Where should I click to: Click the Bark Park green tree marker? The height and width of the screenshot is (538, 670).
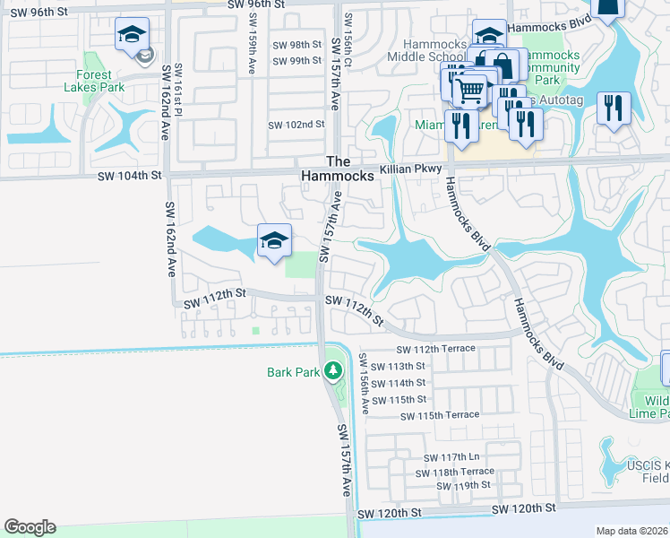333,369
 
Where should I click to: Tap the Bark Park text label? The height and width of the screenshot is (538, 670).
293,371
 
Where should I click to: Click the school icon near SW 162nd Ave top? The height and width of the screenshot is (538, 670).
131,36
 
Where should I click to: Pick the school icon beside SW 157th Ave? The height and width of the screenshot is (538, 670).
274,239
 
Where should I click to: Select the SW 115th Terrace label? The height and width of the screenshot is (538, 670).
440,415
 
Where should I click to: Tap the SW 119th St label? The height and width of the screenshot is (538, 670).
463,485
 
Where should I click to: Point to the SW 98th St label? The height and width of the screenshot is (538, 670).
296,44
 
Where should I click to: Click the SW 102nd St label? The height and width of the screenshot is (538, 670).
296,124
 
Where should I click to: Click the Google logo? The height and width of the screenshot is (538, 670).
30,527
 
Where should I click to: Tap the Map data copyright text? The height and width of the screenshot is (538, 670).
631,531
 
